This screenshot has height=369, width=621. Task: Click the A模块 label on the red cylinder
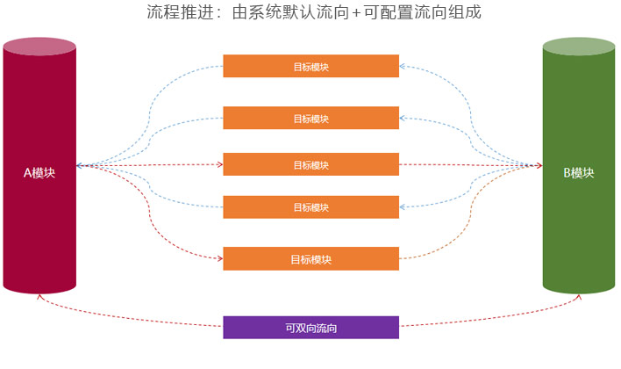point(39,174)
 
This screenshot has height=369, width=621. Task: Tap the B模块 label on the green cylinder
point(578,174)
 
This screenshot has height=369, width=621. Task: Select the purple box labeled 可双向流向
point(310,328)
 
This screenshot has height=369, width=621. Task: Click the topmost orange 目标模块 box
point(310,66)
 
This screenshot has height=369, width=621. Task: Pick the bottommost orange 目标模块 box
point(310,259)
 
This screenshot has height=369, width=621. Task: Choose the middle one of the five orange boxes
point(310,164)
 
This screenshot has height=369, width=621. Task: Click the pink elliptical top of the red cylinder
point(39,46)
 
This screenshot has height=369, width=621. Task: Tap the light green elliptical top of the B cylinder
point(578,46)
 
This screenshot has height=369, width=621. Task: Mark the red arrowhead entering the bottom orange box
point(219,258)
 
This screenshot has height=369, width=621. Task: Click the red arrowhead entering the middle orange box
point(219,164)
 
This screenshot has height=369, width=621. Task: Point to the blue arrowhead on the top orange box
point(403,66)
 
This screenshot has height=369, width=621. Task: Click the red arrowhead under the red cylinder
point(39,297)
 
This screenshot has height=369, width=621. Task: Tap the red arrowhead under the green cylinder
point(578,297)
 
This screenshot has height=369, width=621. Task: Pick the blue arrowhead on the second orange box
point(403,118)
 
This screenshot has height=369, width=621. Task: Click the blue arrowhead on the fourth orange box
point(403,207)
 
